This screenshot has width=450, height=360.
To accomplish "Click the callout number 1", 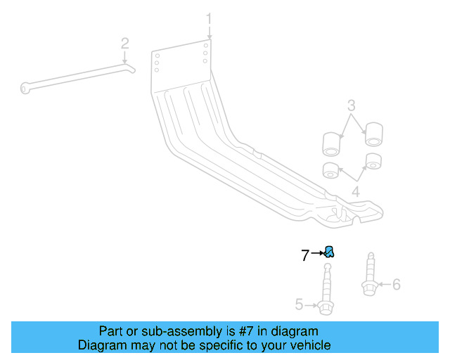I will (208, 18).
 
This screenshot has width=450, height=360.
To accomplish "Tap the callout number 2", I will (124, 44).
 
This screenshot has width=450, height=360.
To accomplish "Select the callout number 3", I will (351, 106).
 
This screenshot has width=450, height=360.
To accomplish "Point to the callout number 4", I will (356, 191).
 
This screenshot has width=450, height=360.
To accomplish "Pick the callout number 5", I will (299, 304).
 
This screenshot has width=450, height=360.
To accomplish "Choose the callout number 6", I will (396, 284).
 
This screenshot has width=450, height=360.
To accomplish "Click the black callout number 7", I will (305, 256).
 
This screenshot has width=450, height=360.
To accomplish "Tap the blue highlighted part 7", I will (328, 252).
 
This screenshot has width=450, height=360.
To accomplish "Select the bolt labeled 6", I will (368, 278).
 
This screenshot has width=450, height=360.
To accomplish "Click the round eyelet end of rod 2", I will (26, 87).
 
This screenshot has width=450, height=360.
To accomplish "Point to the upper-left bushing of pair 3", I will (331, 143).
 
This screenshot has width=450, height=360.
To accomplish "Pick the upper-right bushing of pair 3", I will (373, 133).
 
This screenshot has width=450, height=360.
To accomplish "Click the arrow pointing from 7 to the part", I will (316, 252).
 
